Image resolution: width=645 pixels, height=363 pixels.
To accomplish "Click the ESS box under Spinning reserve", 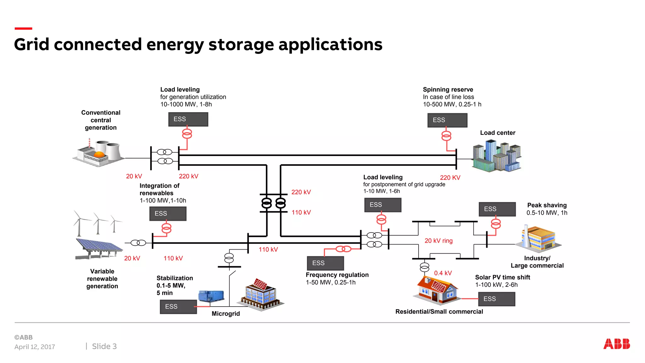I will [447, 120].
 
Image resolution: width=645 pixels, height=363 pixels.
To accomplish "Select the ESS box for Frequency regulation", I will [325, 263].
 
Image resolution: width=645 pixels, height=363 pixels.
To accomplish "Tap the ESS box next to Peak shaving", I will [497, 209].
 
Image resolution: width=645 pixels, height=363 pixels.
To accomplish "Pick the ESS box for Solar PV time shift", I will [497, 299].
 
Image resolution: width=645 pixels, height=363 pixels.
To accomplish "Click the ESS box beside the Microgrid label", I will [178, 307].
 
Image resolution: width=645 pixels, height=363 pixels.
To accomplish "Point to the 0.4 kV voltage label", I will [443, 273].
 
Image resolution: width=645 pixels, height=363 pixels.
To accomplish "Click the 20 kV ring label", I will [438, 241].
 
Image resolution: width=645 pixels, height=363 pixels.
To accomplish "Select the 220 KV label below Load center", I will [450, 178].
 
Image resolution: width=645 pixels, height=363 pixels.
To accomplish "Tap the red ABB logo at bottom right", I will [616, 344].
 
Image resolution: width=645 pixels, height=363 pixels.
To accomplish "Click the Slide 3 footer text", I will [104, 346].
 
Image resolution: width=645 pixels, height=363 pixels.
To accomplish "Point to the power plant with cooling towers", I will [99, 153].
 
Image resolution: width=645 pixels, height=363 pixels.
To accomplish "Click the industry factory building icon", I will [538, 239].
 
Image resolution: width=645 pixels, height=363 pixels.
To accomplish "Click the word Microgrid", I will [225, 314].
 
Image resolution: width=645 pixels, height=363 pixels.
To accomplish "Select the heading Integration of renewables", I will [159, 189].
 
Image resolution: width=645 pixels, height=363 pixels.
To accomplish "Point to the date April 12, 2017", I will [35, 347].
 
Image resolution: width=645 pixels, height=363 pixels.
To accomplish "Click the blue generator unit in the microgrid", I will [211, 296].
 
